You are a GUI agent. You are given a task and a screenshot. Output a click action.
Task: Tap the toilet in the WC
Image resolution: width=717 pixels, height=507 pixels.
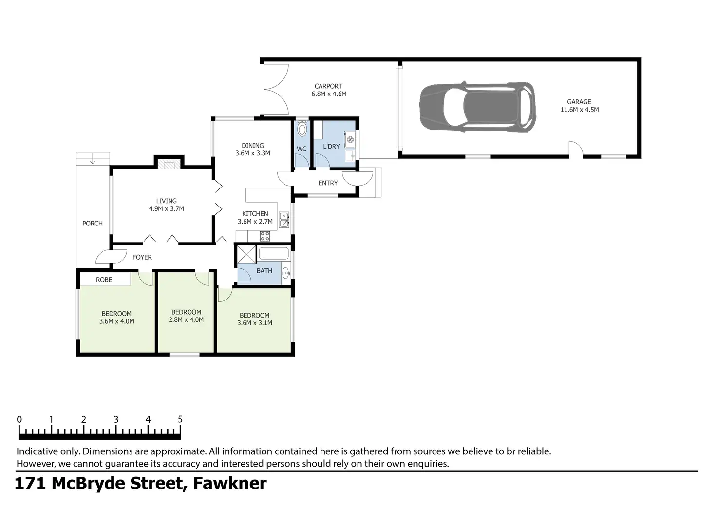pyautogui.click(x=302, y=129)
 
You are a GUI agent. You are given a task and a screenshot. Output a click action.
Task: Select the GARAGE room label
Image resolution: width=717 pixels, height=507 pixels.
pyautogui.click(x=579, y=102)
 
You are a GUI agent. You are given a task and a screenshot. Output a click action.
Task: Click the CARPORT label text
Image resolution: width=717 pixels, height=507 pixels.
pyautogui.click(x=328, y=86)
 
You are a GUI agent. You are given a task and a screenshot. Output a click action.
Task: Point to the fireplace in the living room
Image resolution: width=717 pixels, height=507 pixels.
pyautogui.click(x=169, y=165)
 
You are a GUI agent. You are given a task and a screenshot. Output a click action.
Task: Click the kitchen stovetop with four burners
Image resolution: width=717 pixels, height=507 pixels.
pyautogui.click(x=265, y=236)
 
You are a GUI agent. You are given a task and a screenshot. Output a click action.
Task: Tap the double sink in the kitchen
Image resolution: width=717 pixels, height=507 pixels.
pyautogui.click(x=284, y=220)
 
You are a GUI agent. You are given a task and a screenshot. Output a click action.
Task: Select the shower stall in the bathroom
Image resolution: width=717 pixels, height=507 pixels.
pyautogui.click(x=245, y=254)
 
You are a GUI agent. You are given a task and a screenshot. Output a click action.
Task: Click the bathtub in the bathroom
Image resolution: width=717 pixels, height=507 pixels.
pyautogui.click(x=274, y=253)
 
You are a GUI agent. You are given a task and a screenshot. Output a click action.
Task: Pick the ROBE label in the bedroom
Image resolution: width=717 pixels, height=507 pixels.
pyautogui.click(x=104, y=280)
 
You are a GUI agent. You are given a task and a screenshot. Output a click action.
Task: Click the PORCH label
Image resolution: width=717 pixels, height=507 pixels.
pyautogui.click(x=93, y=224)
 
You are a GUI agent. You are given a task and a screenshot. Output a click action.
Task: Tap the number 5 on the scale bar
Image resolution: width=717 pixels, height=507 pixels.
pyautogui.click(x=180, y=419)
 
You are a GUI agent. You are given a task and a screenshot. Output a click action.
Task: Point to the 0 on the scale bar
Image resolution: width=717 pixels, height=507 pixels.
pyautogui.click(x=19, y=419)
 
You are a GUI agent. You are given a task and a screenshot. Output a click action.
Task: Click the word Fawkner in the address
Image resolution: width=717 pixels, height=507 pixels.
pyautogui.click(x=230, y=484)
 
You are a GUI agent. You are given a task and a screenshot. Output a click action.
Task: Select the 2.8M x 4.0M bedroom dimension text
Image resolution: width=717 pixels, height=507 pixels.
pyautogui.click(x=187, y=320)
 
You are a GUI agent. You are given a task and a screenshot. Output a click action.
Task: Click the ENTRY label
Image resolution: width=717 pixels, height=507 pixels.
pyautogui.click(x=328, y=183)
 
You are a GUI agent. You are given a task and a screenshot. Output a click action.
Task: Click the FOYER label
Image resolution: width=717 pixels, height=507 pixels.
pyautogui.click(x=142, y=257)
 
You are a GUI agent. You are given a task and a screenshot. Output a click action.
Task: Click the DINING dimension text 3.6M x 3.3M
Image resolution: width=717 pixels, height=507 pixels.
pyautogui.click(x=253, y=153)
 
